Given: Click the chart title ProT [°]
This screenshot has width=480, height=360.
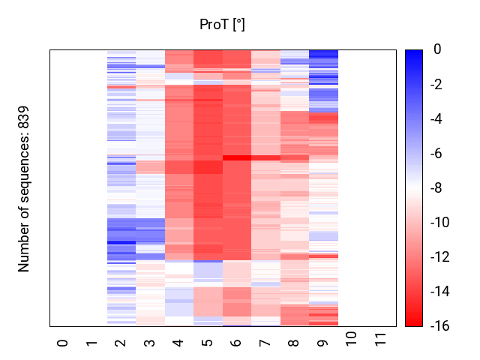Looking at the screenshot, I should pos(222,25).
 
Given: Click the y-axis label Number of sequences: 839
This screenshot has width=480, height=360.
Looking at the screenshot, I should pos(24,188).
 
